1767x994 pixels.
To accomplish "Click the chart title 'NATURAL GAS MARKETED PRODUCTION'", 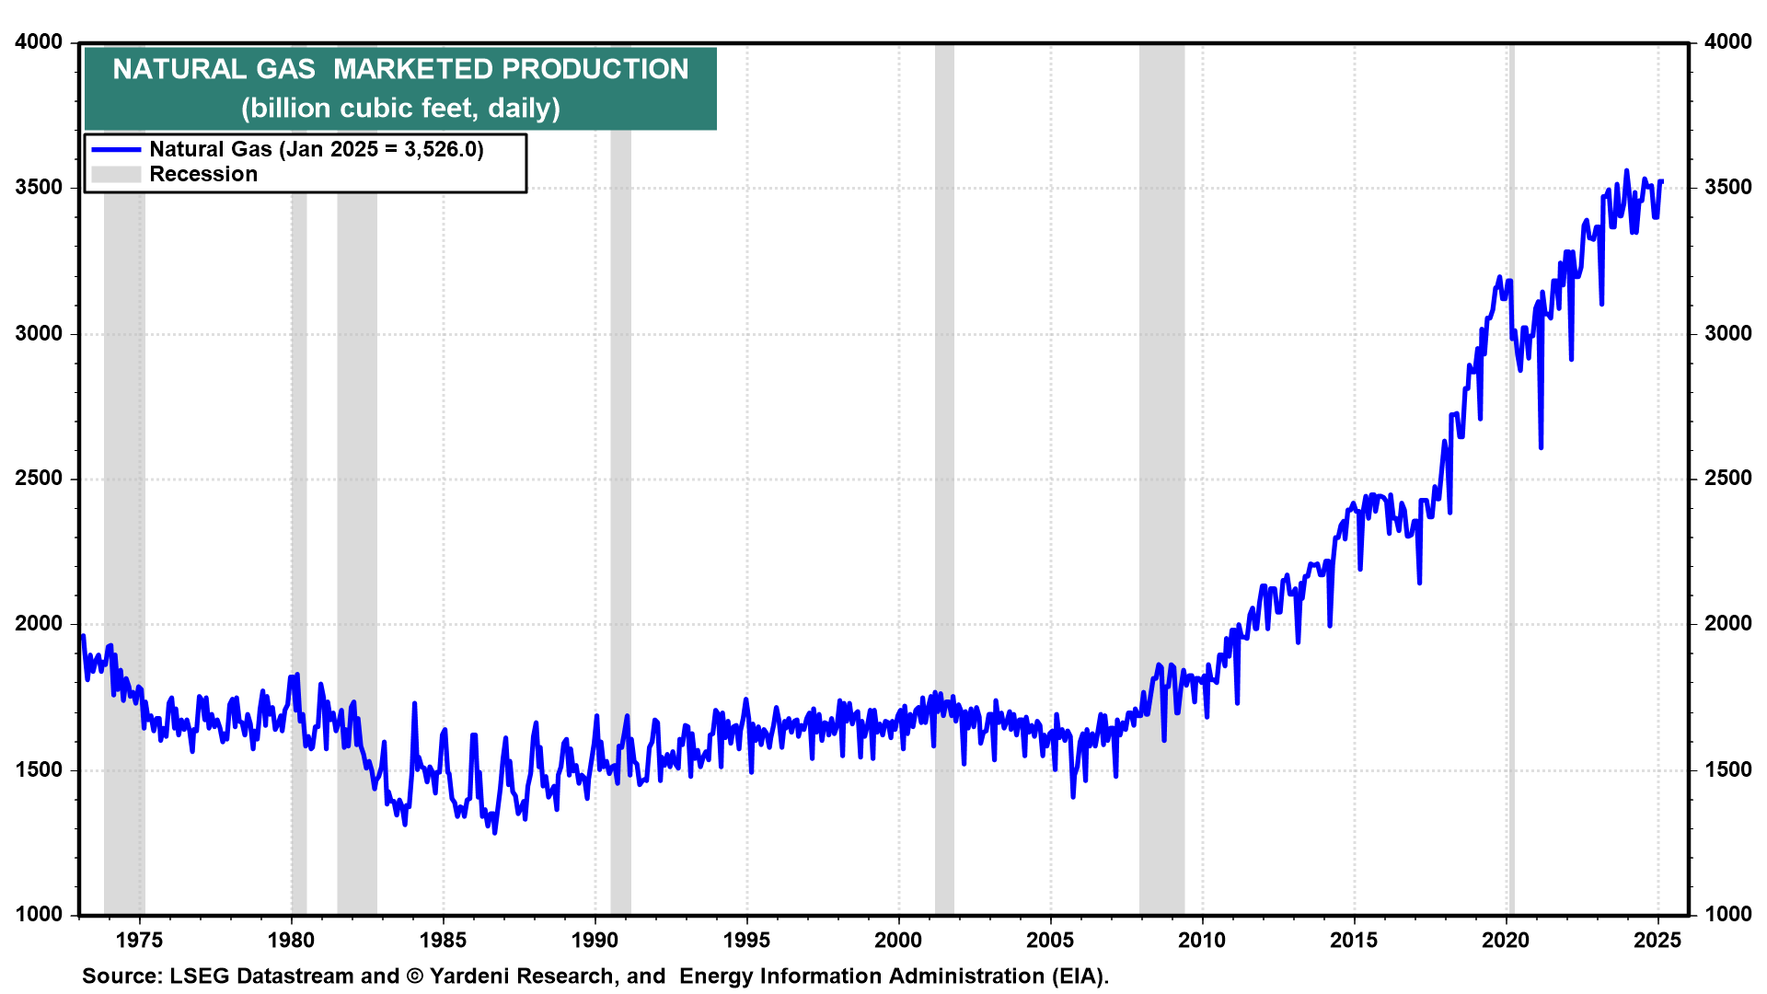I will click(x=400, y=69).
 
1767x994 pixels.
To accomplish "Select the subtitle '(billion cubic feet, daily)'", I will click(x=400, y=109).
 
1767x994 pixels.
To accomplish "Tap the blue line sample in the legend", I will click(x=116, y=149).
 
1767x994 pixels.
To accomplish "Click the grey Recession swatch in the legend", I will click(x=116, y=174).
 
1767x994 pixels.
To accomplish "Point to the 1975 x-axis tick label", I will click(x=140, y=941).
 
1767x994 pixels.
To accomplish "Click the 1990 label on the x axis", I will click(x=595, y=941).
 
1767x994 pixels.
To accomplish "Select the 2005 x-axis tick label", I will click(x=1050, y=941).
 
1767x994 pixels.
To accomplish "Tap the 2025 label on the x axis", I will click(x=1657, y=941).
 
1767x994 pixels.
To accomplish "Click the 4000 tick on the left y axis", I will click(x=39, y=42).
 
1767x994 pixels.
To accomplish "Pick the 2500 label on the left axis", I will click(x=39, y=479).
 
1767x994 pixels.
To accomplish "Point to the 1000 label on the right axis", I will click(x=1727, y=914).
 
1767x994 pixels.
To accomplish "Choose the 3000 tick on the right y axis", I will click(x=1727, y=333).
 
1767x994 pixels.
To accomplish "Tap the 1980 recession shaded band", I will click(x=299, y=460).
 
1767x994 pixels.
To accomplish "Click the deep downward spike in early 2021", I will click(x=1541, y=446).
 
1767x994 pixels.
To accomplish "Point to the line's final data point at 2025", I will click(x=1661, y=181).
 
